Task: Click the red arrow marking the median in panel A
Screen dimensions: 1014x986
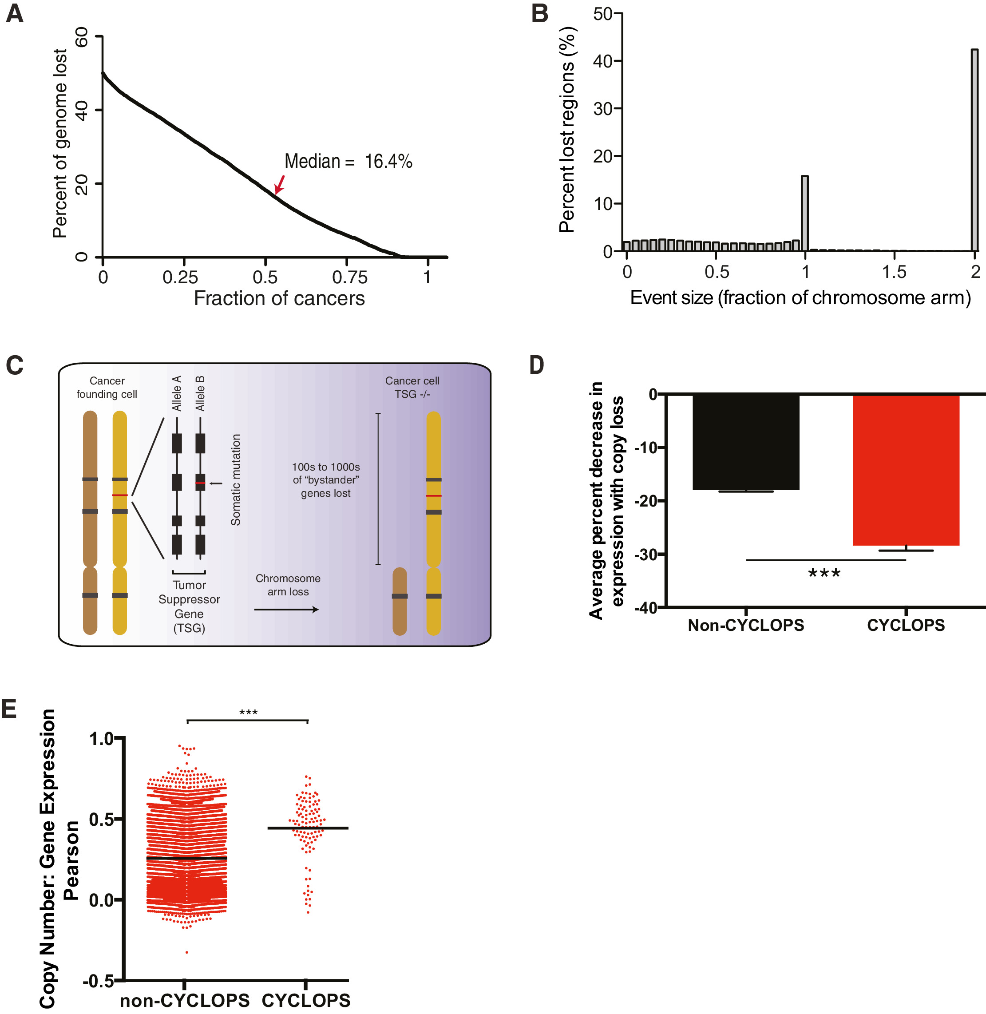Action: [280, 184]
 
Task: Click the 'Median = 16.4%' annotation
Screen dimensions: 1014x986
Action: [348, 161]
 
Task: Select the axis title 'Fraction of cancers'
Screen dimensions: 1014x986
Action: [279, 298]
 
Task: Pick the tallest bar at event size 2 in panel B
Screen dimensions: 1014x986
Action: [974, 150]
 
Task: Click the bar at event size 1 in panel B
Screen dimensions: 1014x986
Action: [805, 214]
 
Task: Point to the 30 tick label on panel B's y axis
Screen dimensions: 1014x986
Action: [603, 109]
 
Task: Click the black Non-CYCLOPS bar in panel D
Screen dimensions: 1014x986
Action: [746, 442]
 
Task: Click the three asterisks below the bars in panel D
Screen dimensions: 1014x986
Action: [824, 574]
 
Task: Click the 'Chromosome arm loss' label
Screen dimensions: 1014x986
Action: [288, 585]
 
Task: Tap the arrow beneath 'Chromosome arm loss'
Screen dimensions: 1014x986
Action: [286, 610]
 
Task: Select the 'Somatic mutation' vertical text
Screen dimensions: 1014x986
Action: [236, 479]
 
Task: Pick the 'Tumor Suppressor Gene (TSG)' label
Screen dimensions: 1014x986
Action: [189, 606]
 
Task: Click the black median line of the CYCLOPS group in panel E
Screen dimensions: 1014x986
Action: [308, 828]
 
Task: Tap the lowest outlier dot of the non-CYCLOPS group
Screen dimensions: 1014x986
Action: [186, 952]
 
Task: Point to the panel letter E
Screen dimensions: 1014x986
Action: [9, 709]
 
